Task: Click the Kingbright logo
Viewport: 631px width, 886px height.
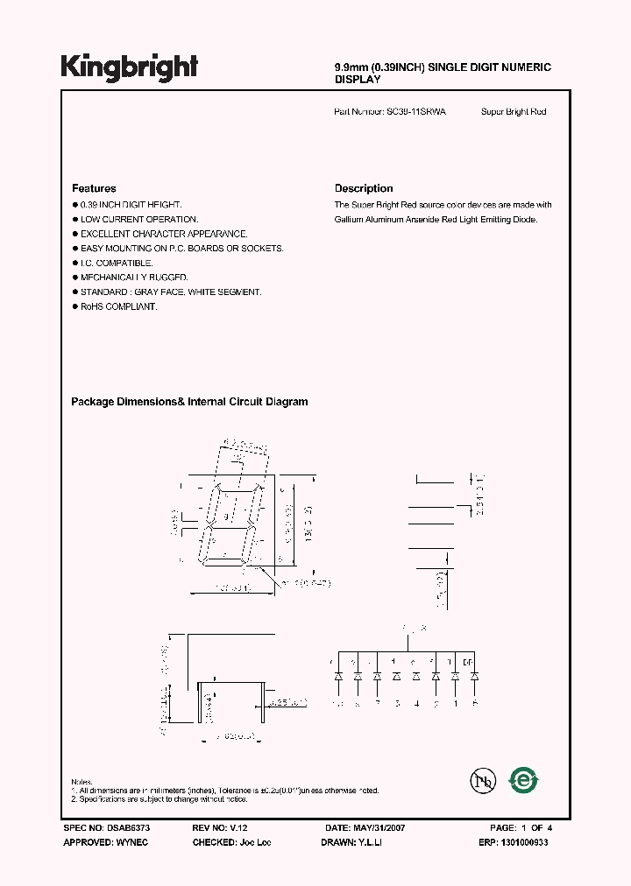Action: point(129,67)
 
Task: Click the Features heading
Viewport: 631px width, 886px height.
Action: point(94,188)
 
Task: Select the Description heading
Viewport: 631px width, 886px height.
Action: point(364,188)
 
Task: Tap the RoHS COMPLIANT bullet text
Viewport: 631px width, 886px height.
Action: point(118,306)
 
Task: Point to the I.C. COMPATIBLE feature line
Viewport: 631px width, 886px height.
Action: point(117,263)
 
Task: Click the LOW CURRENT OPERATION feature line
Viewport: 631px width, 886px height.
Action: point(139,219)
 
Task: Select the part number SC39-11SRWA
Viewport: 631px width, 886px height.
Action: point(416,112)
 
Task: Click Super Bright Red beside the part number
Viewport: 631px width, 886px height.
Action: point(514,112)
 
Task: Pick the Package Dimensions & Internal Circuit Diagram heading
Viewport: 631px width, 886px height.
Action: point(189,402)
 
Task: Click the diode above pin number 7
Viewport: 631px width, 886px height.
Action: point(377,676)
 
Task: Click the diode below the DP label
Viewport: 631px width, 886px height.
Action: point(474,676)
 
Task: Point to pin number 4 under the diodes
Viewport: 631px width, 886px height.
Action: point(416,703)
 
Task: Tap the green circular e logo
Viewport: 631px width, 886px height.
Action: point(525,779)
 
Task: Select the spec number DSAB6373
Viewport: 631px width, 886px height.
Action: point(121,828)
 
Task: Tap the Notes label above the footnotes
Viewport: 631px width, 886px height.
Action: point(81,781)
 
